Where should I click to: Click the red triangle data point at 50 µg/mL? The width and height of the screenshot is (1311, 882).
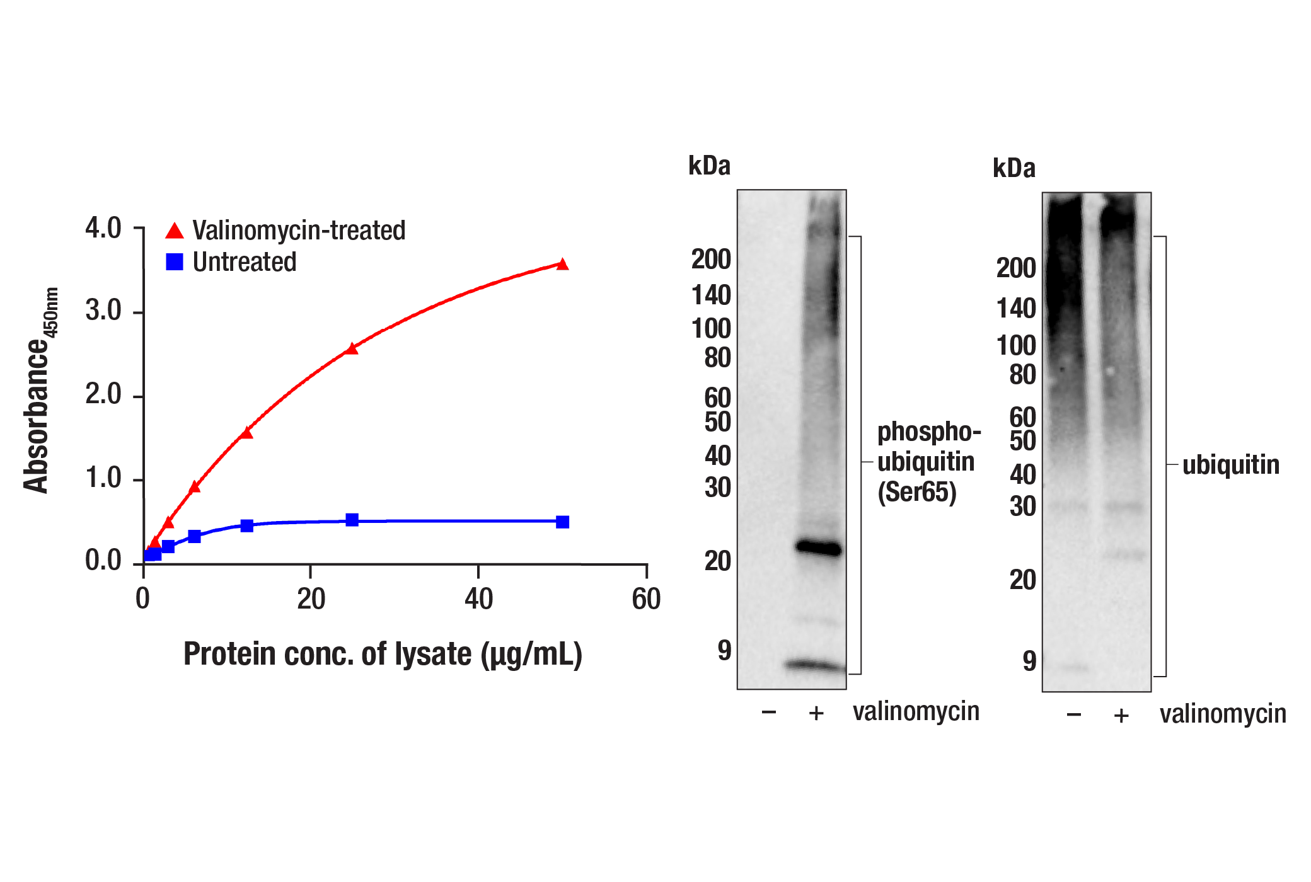click(563, 265)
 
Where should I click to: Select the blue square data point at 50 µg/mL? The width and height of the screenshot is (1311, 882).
click(563, 522)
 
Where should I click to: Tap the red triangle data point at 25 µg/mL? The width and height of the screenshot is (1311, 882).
click(352, 348)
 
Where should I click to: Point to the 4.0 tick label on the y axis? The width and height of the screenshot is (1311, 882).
click(103, 228)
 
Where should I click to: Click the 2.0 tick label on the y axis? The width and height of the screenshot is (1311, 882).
click(103, 394)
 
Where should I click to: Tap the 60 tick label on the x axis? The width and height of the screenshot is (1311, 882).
click(646, 598)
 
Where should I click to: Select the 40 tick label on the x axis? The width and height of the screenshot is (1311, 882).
click(478, 598)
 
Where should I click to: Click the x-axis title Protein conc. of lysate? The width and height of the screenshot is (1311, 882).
click(383, 654)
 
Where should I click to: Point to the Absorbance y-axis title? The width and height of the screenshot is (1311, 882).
click(38, 391)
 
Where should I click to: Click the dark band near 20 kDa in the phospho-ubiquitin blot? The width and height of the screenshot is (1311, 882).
click(819, 547)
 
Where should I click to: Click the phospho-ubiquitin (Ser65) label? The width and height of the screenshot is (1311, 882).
click(928, 462)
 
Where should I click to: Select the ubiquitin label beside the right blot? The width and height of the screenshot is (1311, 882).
click(1230, 465)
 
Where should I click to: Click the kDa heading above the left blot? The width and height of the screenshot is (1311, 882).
click(709, 166)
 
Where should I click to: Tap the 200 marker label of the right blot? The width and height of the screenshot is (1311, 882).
click(1016, 268)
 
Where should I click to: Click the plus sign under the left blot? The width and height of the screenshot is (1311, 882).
click(816, 713)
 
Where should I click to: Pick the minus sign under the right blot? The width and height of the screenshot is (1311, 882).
click(1074, 715)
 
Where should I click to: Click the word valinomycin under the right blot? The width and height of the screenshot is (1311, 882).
click(1223, 714)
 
